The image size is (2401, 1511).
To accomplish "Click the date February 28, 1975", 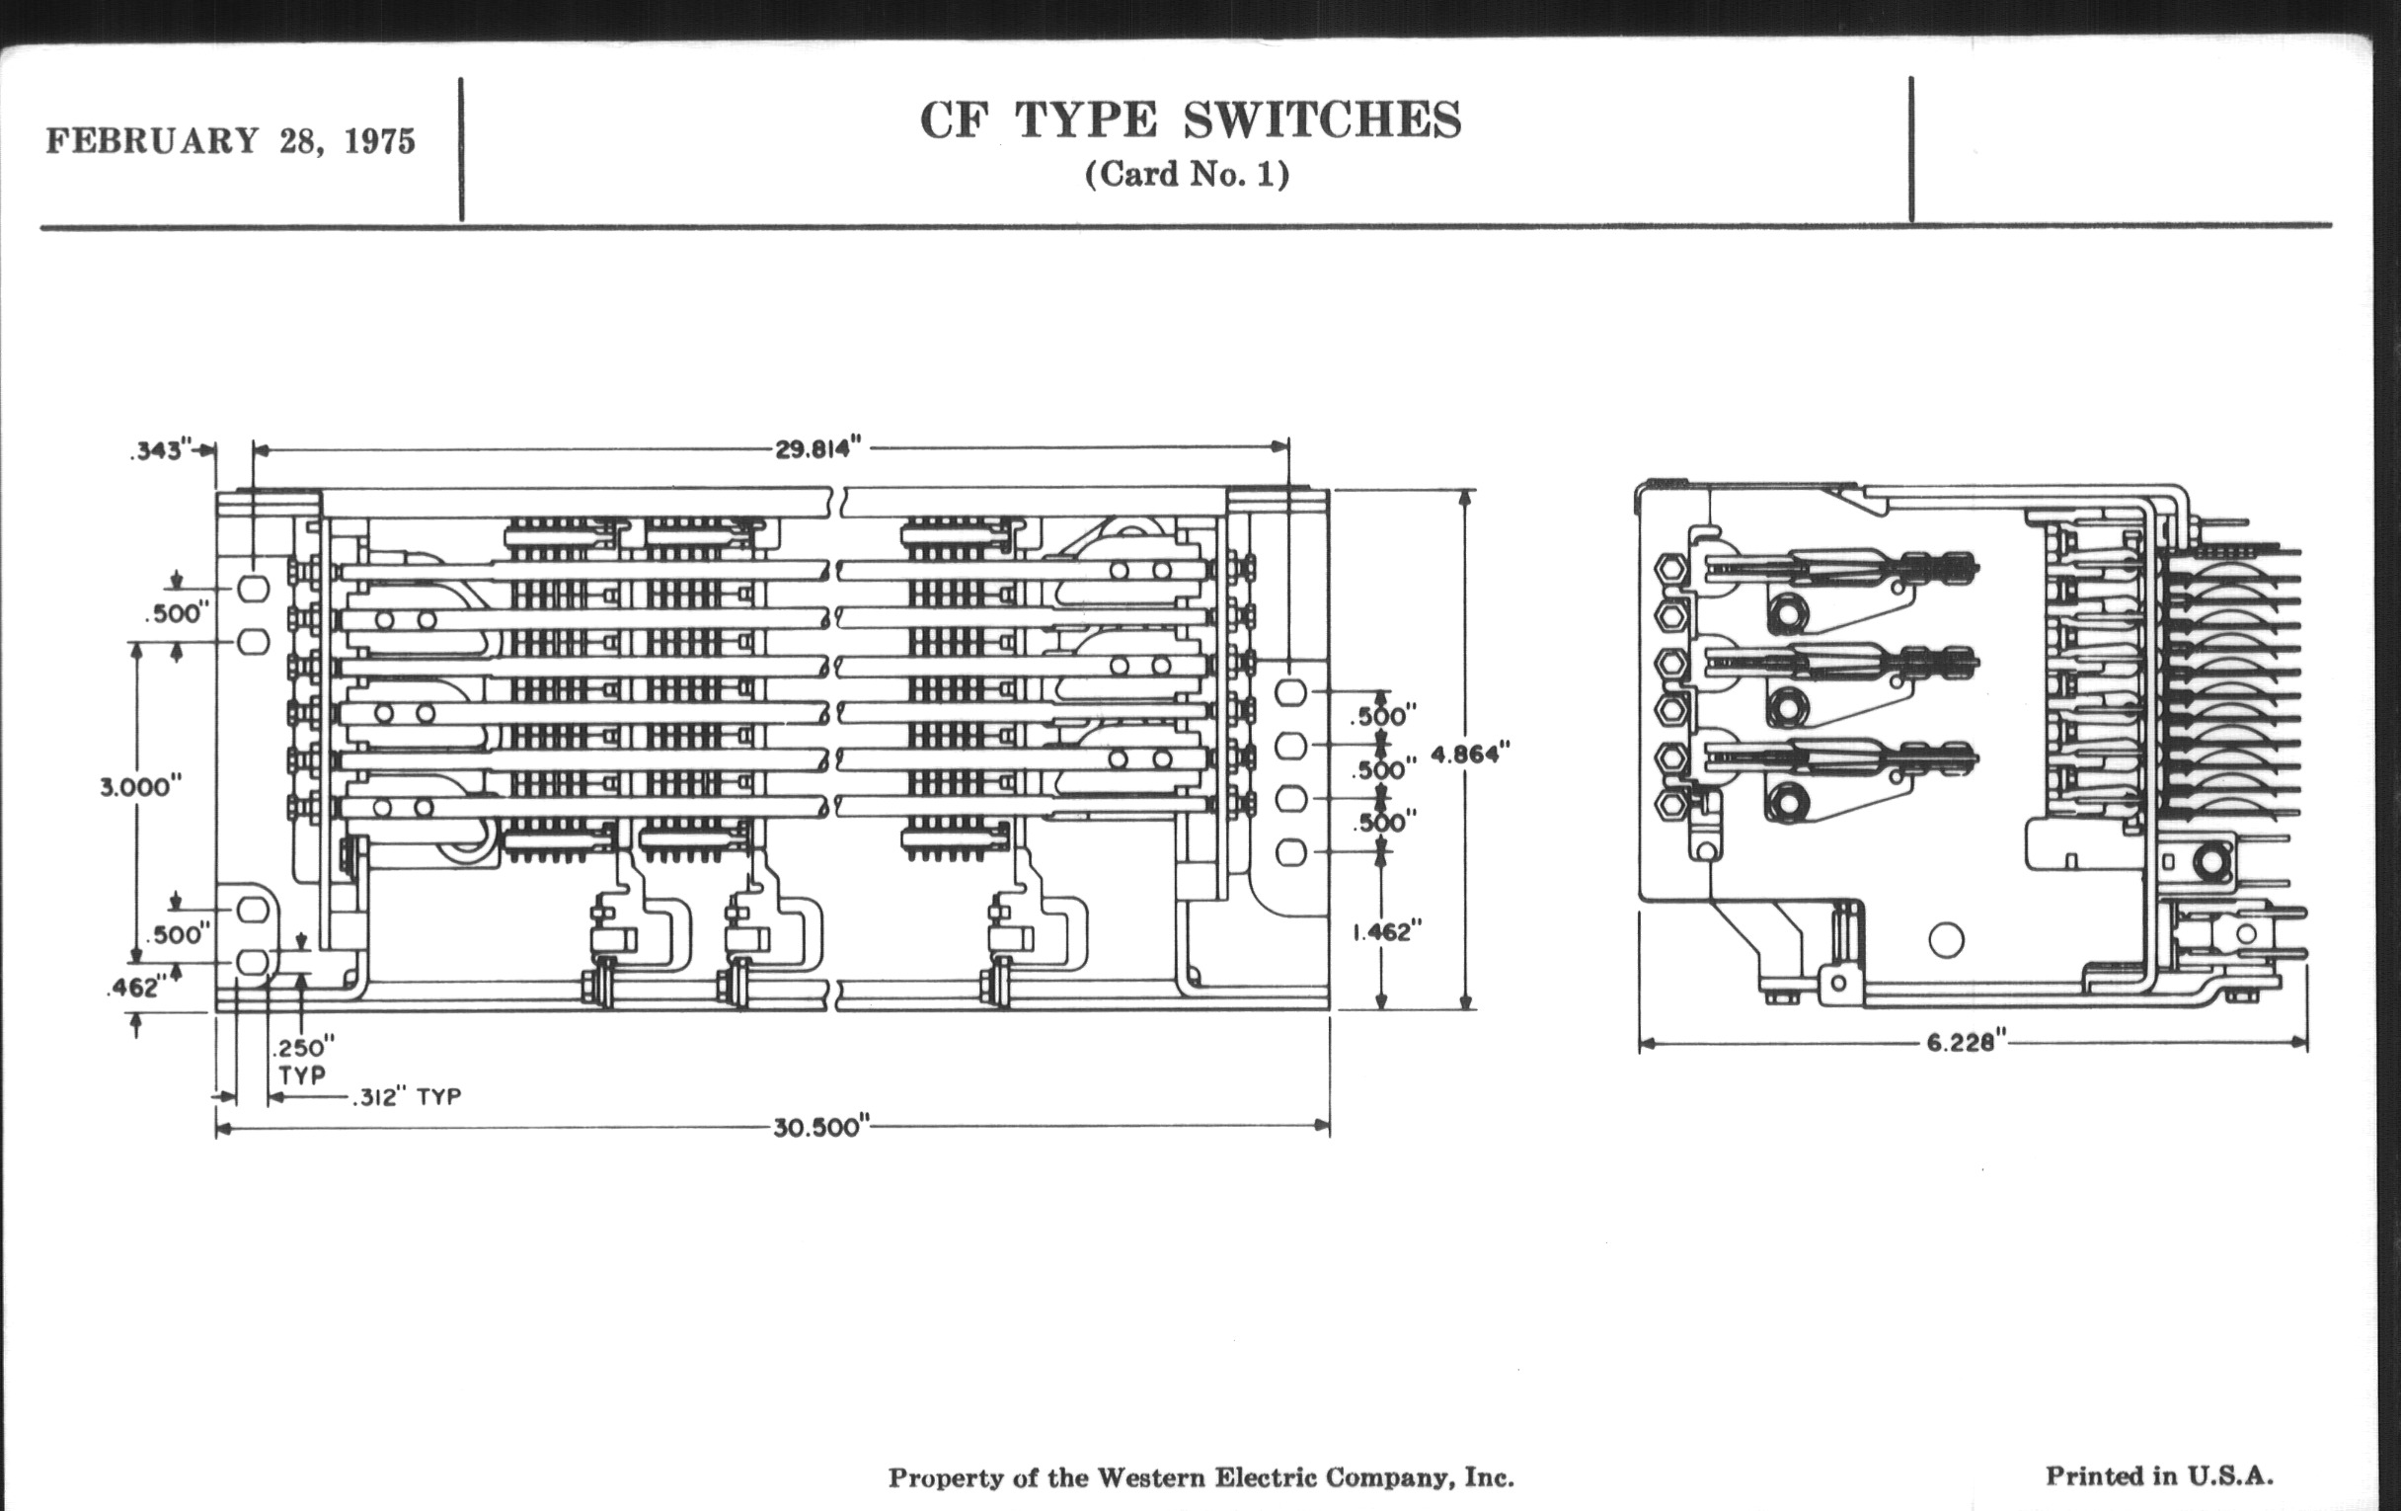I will click(230, 140).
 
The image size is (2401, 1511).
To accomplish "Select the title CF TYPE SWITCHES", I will click(1190, 120).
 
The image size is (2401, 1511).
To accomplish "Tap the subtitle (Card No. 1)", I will click(1187, 175).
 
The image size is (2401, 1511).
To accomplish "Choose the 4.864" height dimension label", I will click(1471, 754).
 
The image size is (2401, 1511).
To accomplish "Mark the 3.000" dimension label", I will click(140, 787).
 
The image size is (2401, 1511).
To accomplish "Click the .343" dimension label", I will click(159, 450).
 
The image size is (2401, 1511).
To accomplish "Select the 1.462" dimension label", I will click(1386, 931).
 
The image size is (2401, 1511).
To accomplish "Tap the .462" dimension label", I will click(134, 988).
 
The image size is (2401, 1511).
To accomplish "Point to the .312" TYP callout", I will click(406, 1097).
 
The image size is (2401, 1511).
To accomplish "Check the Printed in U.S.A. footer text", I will click(2160, 1476).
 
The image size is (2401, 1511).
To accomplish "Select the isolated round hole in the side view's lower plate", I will click(1946, 939).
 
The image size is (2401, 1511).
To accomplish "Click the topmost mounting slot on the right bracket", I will click(1291, 692).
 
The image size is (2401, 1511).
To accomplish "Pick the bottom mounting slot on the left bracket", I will click(253, 963).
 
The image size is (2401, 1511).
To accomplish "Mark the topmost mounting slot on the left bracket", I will click(253, 589).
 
